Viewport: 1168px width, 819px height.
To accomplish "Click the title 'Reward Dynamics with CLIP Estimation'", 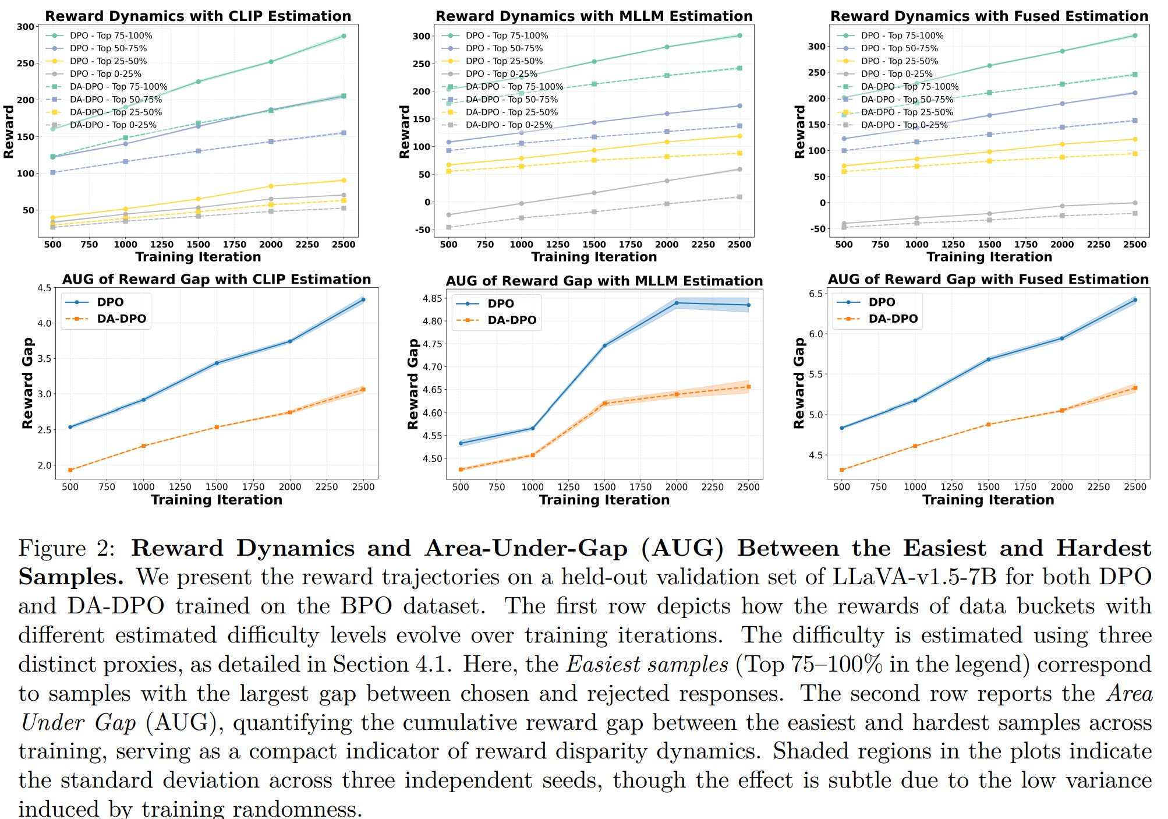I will click(x=198, y=16).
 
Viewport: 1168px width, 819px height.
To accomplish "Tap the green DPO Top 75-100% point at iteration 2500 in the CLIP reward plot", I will click(x=344, y=36).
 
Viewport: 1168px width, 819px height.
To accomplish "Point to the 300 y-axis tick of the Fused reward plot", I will click(x=817, y=47).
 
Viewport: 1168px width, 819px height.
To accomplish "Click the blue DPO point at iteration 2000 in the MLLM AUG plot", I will click(x=677, y=303).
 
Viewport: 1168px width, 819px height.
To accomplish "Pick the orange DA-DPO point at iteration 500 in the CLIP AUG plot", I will click(x=70, y=470).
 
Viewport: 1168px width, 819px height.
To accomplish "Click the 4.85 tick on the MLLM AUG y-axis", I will click(x=433, y=298).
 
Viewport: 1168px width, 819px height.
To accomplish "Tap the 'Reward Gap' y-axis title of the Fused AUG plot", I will click(x=799, y=383).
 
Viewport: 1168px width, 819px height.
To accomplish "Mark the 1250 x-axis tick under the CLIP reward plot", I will click(x=162, y=245).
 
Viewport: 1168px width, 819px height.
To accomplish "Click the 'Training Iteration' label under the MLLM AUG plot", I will click(x=604, y=500).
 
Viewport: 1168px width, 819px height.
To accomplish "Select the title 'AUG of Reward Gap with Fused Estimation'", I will click(x=988, y=280).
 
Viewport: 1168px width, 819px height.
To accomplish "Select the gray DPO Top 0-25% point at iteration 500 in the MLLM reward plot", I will click(x=448, y=215).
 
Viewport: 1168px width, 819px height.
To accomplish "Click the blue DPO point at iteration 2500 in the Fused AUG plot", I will click(x=1135, y=300).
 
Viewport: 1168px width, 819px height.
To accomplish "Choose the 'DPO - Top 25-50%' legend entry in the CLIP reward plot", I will click(x=108, y=61).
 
